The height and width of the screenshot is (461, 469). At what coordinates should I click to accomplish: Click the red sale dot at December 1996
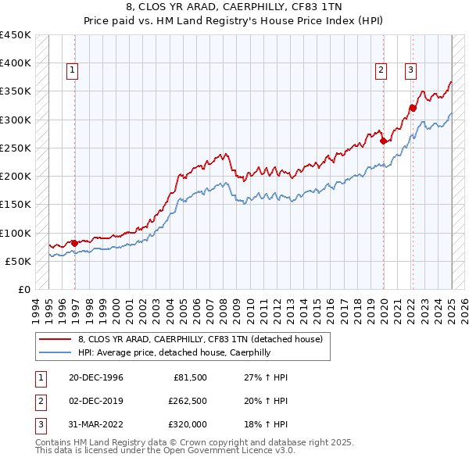coord(75,243)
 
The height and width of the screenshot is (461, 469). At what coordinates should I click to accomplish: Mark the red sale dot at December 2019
coord(384,141)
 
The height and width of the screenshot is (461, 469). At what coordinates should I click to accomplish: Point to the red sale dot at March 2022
coord(413,109)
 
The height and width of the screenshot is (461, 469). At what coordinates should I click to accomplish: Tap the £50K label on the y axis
coord(18,261)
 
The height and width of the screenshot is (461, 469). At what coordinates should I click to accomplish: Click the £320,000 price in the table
coord(188,424)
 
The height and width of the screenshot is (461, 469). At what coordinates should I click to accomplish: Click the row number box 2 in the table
coord(39,401)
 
